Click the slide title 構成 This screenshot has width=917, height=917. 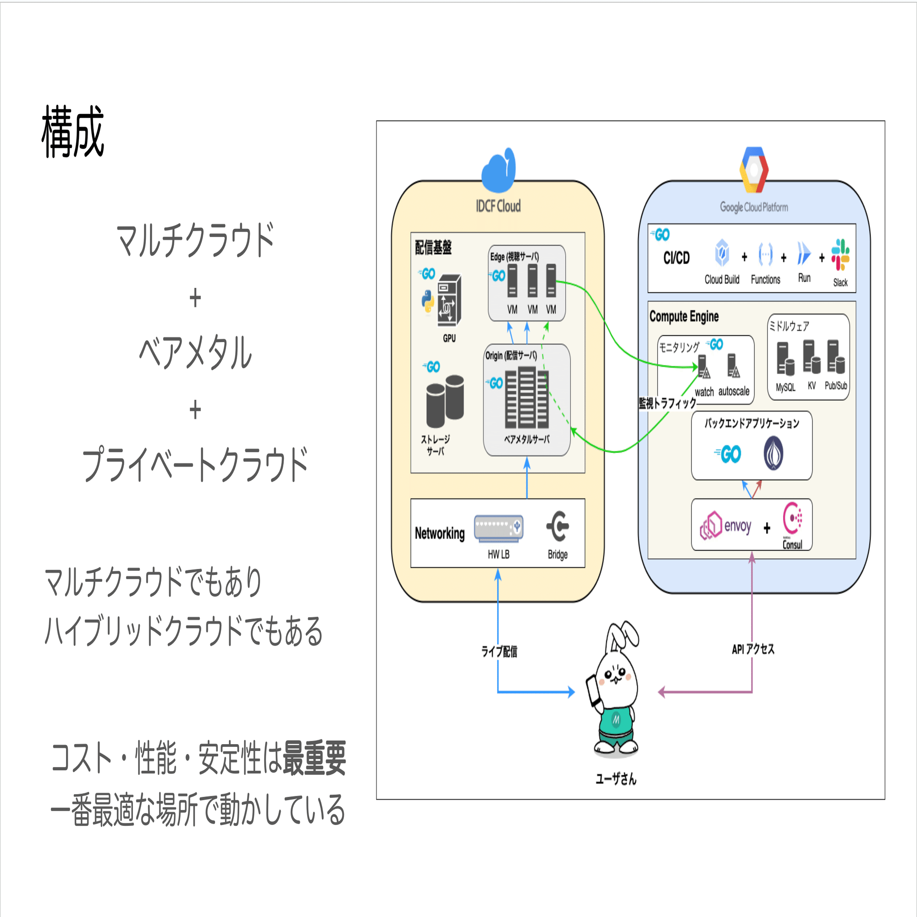(72, 132)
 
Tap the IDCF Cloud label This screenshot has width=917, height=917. (498, 206)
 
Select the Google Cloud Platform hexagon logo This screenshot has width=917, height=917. (753, 170)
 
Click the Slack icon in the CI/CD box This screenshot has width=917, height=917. (840, 255)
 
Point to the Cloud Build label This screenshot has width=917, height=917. (721, 280)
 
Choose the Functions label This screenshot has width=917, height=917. (765, 280)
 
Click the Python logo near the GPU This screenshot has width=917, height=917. (428, 301)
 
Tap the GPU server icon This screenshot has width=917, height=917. (448, 300)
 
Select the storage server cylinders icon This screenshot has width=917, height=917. (445, 401)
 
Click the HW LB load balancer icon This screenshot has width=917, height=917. (498, 528)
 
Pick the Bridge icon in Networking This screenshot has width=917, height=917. (558, 526)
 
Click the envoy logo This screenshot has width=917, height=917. (725, 526)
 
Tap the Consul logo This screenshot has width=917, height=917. (792, 519)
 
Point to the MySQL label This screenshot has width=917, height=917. (785, 387)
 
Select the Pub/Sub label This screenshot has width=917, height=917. (835, 386)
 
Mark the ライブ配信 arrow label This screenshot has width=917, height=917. (499, 652)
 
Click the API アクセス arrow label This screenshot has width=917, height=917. (753, 649)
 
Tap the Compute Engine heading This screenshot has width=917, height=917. (684, 316)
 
